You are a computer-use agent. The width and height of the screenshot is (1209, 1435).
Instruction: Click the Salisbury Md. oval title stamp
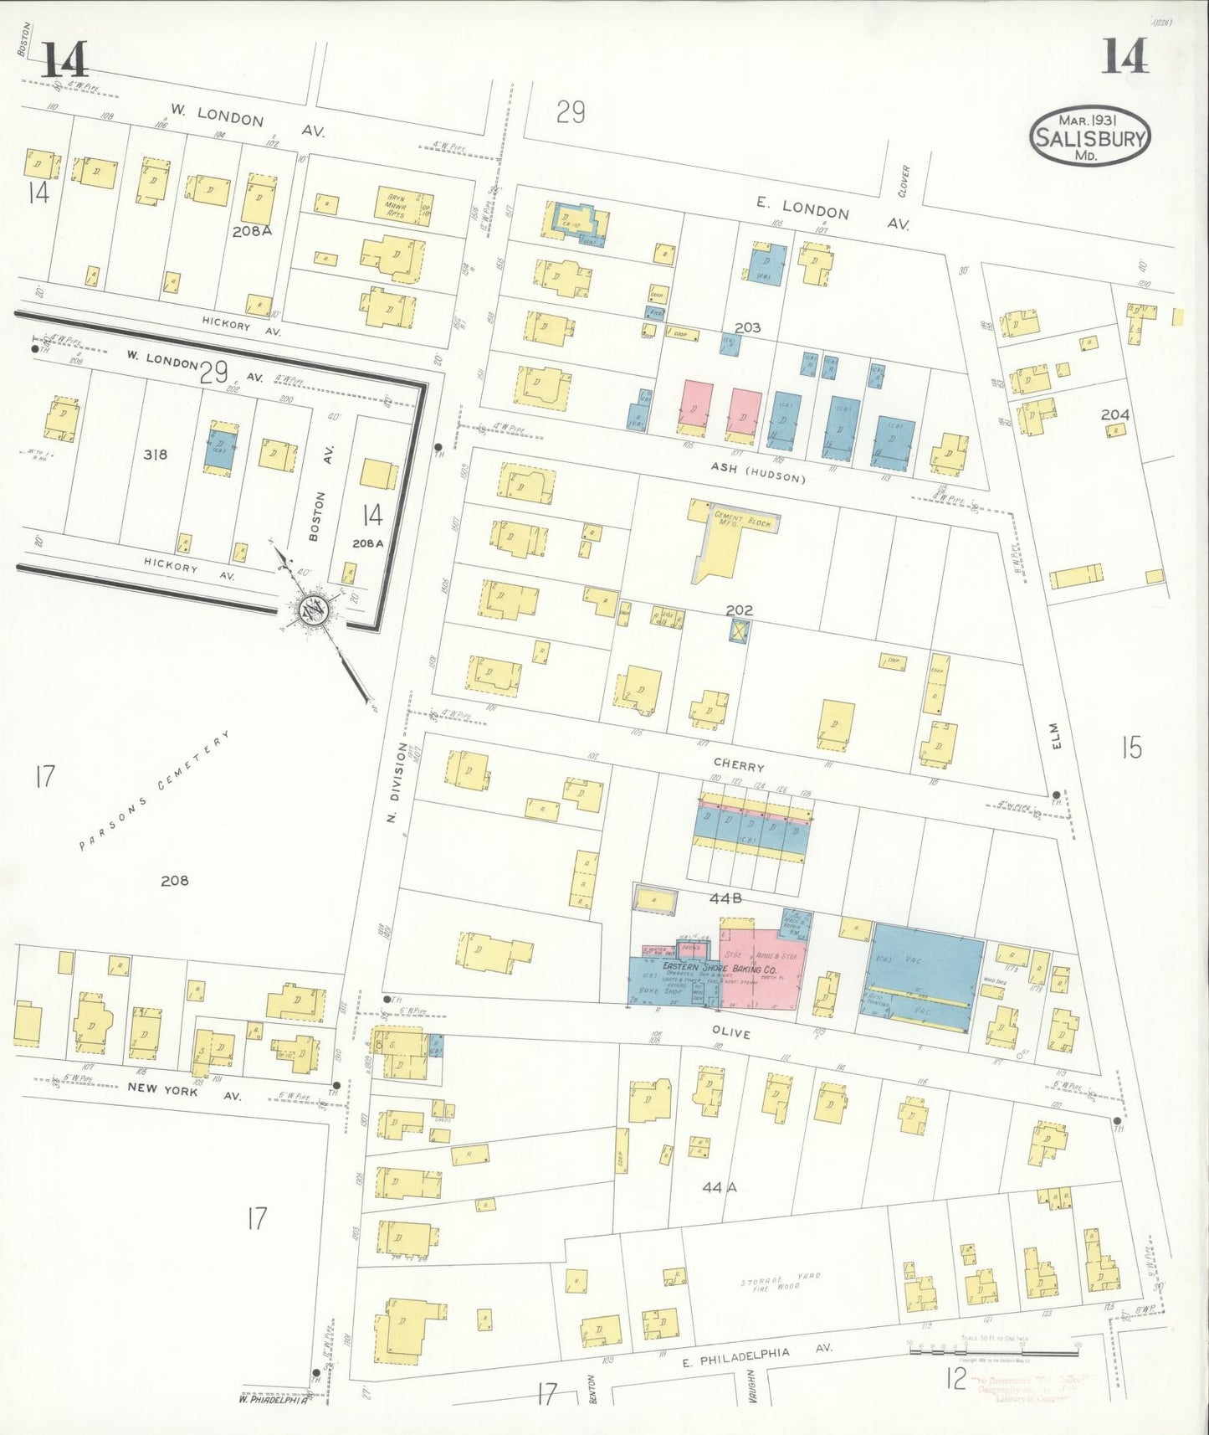(x=1089, y=136)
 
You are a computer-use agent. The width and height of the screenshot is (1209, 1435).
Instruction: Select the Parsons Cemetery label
(x=154, y=790)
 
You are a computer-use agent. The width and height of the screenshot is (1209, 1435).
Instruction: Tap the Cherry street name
(x=738, y=766)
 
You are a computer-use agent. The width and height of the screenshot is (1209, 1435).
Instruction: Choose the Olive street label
(x=730, y=1034)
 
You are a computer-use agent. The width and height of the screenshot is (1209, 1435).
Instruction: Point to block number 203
(x=747, y=327)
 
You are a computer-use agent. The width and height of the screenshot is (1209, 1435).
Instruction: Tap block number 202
(x=739, y=610)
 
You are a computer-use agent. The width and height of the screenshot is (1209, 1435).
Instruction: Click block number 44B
(x=726, y=898)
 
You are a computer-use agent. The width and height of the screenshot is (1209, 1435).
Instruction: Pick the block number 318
(x=155, y=455)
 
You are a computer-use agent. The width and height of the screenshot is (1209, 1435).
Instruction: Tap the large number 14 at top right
(x=1124, y=59)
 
